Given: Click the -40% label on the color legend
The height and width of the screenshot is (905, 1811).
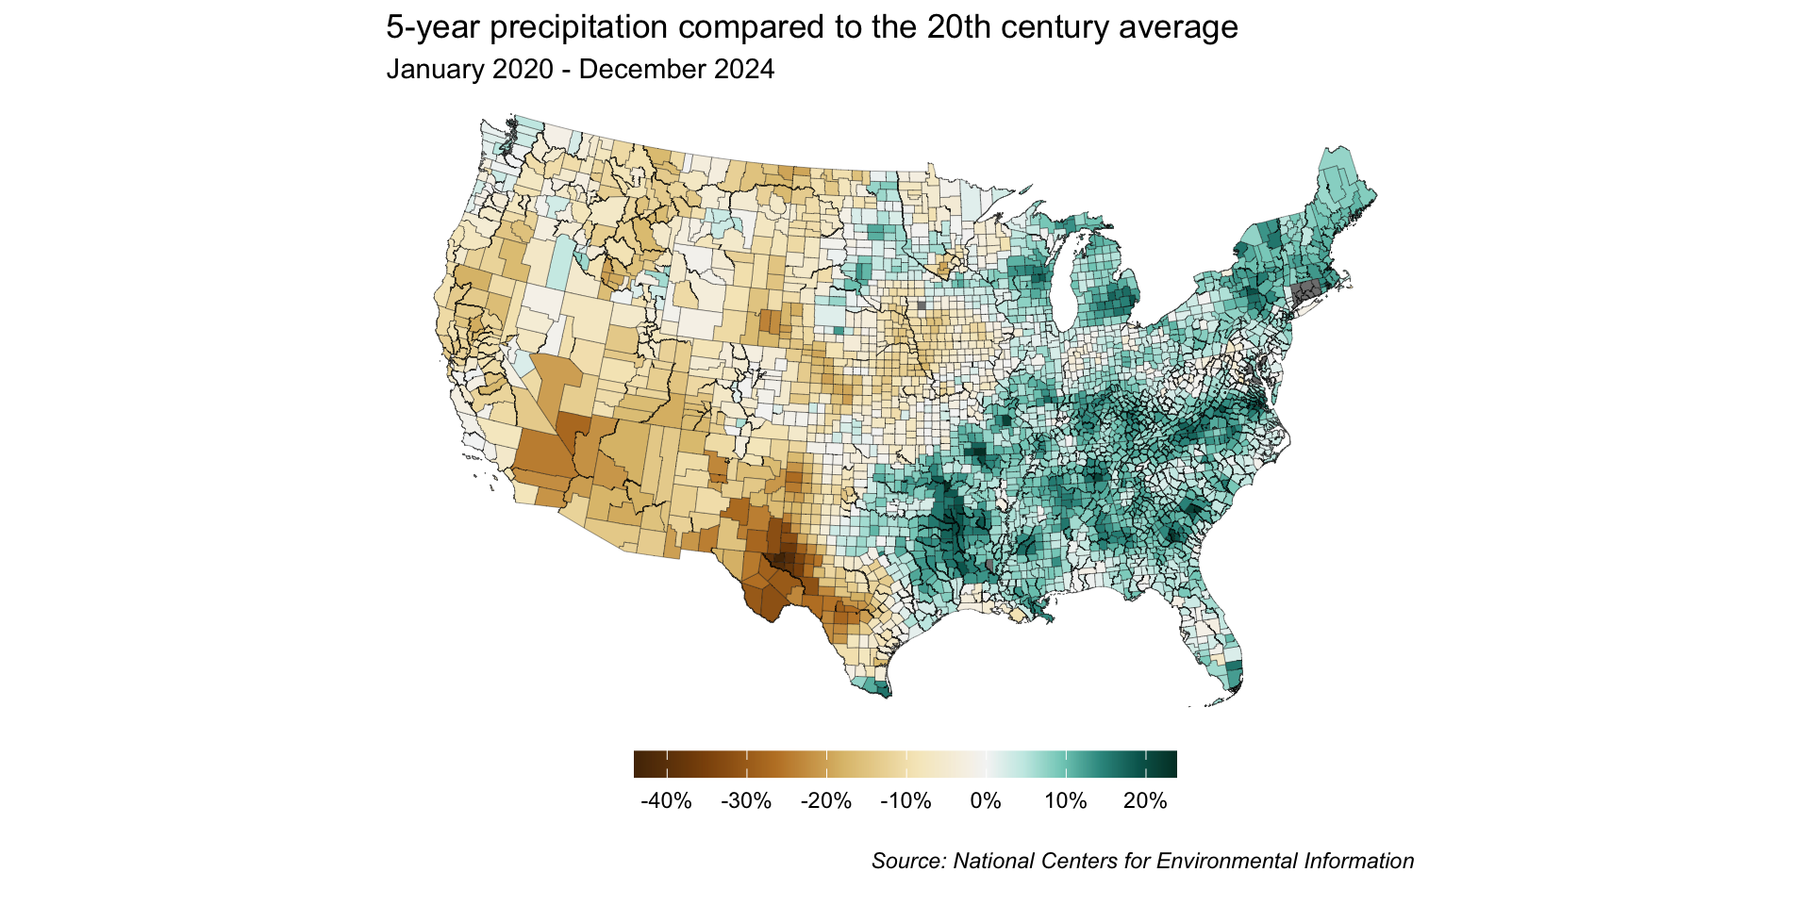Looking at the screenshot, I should (x=666, y=801).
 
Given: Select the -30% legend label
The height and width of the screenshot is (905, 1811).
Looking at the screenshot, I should (x=746, y=801).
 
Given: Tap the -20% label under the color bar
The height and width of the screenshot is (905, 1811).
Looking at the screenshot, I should (x=826, y=801).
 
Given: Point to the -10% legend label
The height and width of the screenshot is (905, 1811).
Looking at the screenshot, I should (x=905, y=801).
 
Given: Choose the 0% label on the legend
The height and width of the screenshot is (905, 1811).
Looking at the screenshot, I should (x=986, y=801).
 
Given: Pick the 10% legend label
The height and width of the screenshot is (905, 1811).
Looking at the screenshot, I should (x=1066, y=801).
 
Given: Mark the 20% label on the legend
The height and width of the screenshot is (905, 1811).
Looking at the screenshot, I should (x=1145, y=801).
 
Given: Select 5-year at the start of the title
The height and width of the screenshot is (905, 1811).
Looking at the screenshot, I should (x=434, y=28).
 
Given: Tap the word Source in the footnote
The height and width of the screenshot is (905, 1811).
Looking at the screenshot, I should (x=907, y=862).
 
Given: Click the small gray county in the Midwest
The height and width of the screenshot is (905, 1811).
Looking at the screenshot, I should (x=922, y=305).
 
